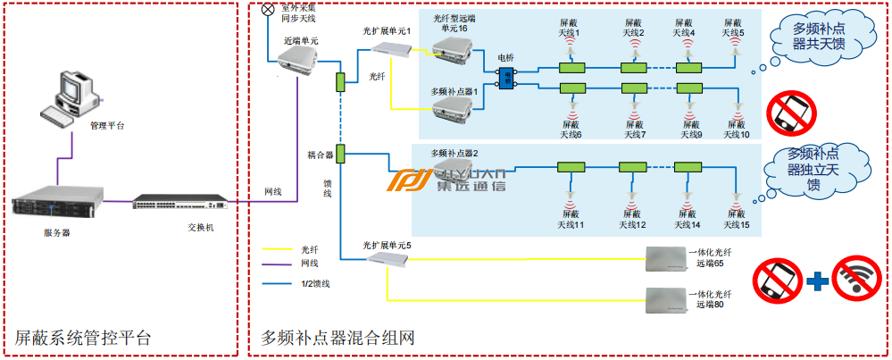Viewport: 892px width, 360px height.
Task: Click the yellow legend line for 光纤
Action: [x=276, y=251]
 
